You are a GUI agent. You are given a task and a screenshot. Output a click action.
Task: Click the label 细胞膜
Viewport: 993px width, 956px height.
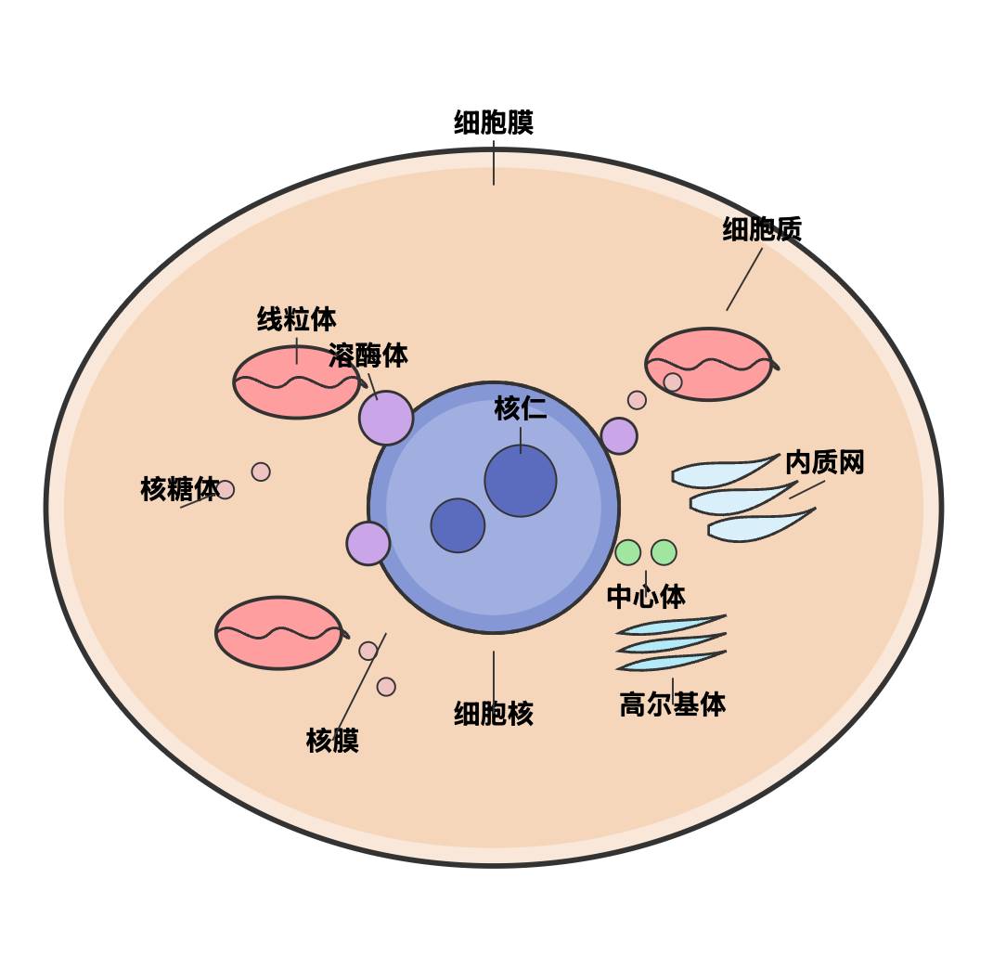click(x=493, y=123)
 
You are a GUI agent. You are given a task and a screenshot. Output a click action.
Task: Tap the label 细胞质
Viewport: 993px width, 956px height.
click(x=762, y=229)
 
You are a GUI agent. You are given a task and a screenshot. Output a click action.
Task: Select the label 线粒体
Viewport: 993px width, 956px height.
click(x=296, y=319)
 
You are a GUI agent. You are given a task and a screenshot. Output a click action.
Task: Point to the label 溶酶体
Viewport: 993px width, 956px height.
click(x=368, y=355)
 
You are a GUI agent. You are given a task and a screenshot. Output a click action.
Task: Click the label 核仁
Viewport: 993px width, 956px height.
click(x=520, y=408)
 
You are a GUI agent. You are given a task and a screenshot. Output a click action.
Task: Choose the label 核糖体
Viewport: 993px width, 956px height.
click(x=179, y=489)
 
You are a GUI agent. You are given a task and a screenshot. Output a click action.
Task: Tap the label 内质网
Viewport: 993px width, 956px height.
click(x=824, y=462)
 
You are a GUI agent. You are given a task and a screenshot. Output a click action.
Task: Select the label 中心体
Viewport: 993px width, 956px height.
click(x=646, y=597)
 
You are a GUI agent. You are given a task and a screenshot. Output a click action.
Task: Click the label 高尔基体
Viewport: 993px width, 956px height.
click(x=672, y=704)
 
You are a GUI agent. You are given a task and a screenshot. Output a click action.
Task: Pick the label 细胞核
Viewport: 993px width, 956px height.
click(x=493, y=714)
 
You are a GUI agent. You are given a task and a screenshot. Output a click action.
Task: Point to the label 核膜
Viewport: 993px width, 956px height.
click(x=332, y=741)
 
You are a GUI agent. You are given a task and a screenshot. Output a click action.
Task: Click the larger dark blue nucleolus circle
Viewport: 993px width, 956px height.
click(x=521, y=481)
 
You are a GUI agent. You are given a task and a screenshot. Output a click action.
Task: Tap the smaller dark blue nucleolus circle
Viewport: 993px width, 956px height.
click(x=458, y=525)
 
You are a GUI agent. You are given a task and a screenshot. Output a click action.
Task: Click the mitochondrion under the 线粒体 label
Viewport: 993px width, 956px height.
click(x=296, y=382)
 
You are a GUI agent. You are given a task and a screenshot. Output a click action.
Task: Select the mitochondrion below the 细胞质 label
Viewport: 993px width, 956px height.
click(x=709, y=364)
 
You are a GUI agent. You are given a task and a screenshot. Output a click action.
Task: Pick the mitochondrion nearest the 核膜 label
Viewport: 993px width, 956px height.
click(x=278, y=633)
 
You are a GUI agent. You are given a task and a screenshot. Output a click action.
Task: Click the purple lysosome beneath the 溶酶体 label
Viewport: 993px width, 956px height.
click(x=386, y=418)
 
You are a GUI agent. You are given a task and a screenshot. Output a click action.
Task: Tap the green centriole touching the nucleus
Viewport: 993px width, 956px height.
click(x=628, y=552)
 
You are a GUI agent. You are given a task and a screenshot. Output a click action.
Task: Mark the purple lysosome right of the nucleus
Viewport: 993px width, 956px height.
click(x=619, y=436)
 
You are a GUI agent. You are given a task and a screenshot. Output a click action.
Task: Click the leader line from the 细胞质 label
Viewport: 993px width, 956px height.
click(x=744, y=278)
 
